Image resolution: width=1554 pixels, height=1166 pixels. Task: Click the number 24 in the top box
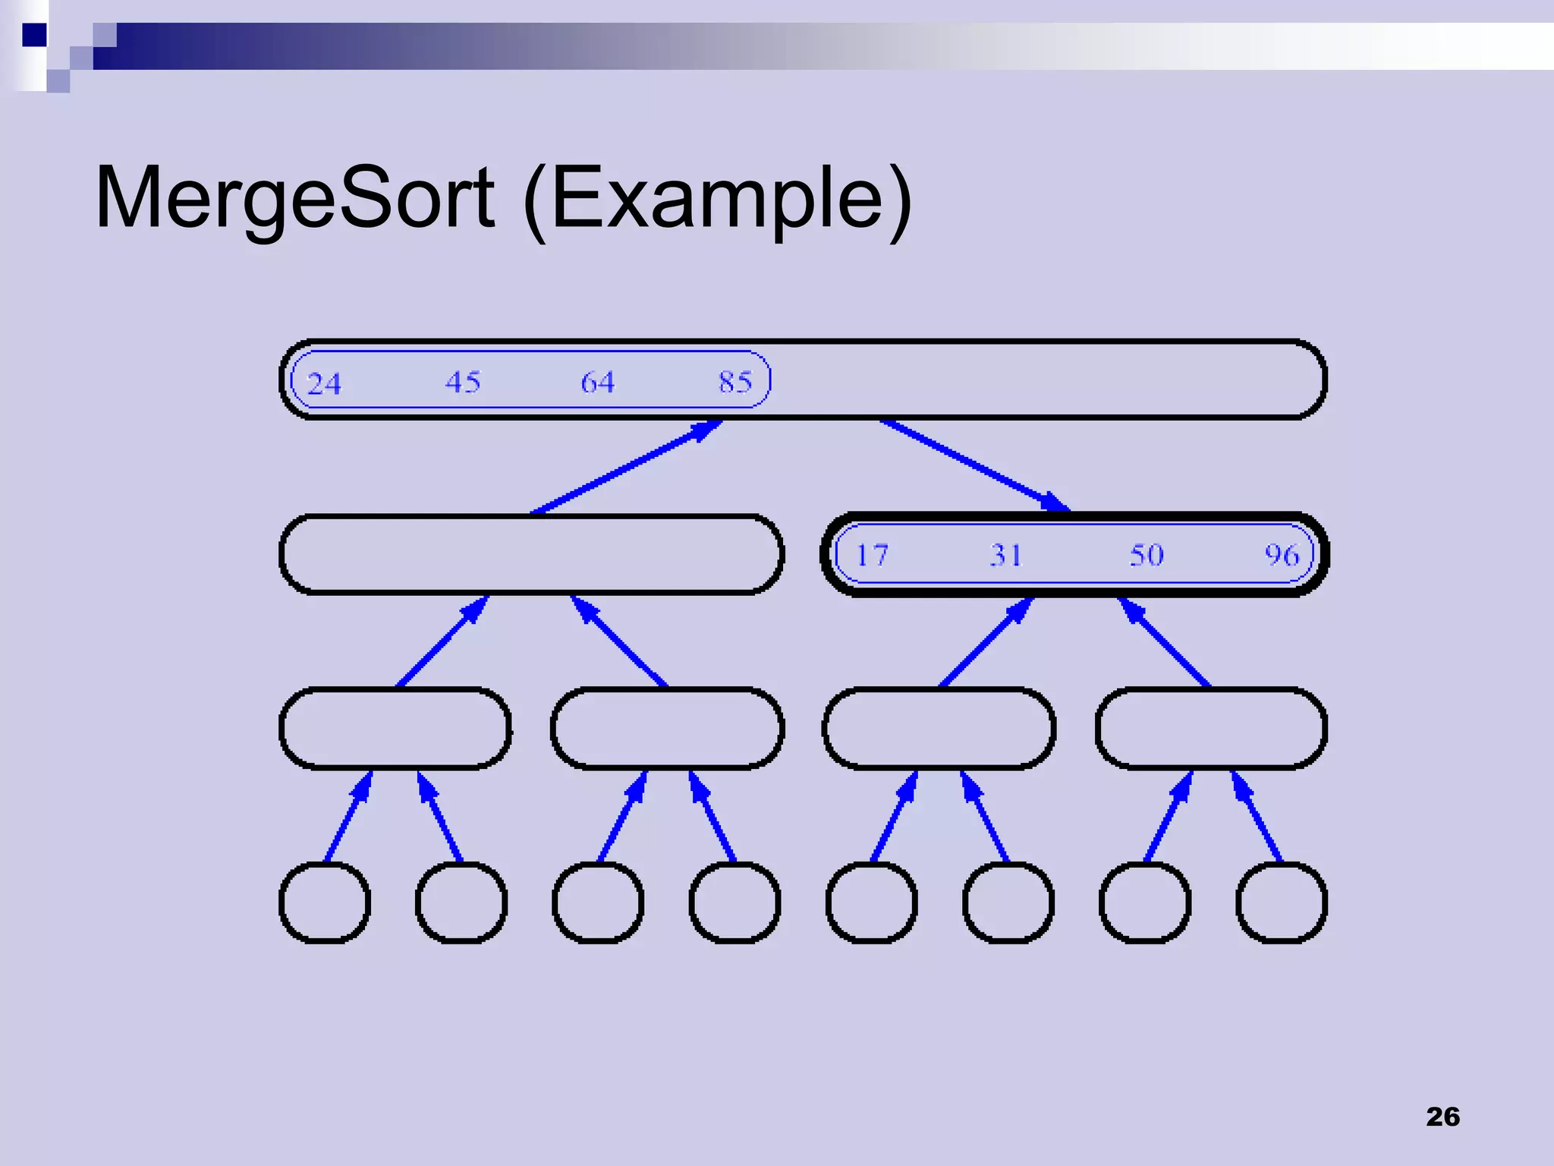(x=324, y=383)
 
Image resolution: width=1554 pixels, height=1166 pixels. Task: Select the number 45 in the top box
(x=462, y=381)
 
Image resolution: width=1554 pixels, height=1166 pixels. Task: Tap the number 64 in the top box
(x=597, y=382)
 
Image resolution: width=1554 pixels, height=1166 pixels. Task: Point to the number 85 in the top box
(x=735, y=381)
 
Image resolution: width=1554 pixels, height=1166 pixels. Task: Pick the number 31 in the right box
(x=1005, y=555)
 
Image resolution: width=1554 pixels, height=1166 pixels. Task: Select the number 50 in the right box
(x=1146, y=555)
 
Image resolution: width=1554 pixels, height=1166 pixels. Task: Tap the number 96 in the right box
(x=1282, y=555)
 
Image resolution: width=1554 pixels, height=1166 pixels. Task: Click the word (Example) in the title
(x=717, y=199)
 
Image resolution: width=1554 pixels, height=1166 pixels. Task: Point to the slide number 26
(x=1442, y=1117)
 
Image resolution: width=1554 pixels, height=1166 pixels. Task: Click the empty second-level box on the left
(x=531, y=554)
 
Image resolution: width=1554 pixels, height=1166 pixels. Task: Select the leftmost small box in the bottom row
(x=325, y=903)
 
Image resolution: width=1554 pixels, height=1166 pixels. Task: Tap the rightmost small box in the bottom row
(x=1282, y=903)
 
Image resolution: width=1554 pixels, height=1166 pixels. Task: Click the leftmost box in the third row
(x=395, y=728)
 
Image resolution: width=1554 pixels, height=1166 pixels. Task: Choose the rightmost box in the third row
(x=1211, y=728)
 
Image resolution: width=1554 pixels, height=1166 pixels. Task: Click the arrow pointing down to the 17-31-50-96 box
(x=975, y=465)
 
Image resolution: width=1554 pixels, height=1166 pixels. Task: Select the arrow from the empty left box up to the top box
(x=626, y=467)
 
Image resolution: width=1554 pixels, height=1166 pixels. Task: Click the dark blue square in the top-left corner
(x=34, y=35)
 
